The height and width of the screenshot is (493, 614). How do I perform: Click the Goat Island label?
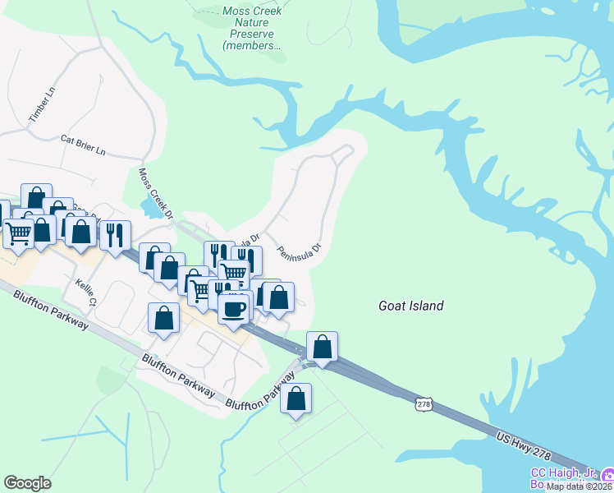pyautogui.click(x=410, y=306)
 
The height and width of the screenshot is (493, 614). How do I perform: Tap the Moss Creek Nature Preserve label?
pyautogui.click(x=252, y=29)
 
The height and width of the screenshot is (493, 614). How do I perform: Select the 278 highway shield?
pyautogui.click(x=424, y=404)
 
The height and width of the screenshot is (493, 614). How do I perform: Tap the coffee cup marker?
pyautogui.click(x=233, y=308)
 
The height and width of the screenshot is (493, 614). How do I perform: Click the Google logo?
pyautogui.click(x=27, y=483)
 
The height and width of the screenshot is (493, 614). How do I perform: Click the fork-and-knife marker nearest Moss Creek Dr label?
pyautogui.click(x=115, y=234)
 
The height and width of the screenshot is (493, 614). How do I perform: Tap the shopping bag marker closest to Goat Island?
pyautogui.click(x=323, y=347)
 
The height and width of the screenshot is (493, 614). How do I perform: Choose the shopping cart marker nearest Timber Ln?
pyautogui.click(x=17, y=232)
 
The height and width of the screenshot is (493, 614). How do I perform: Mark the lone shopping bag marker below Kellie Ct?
pyautogui.click(x=163, y=319)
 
